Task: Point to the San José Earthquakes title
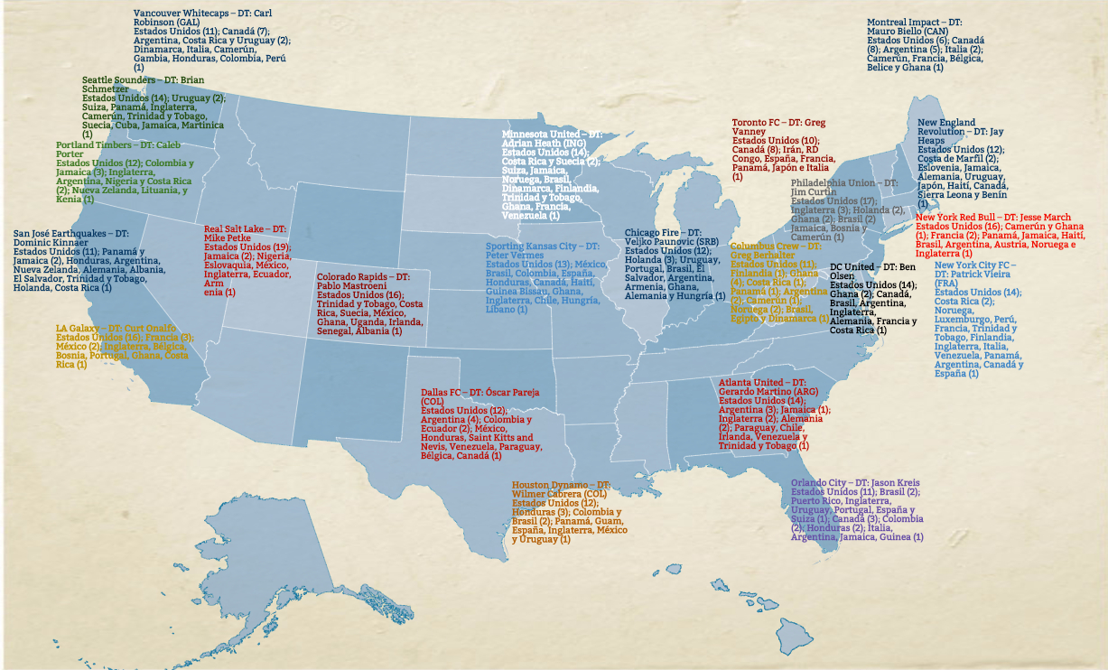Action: (x=61, y=234)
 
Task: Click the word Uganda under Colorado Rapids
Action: (x=368, y=322)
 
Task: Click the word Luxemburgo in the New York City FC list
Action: (x=965, y=320)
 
